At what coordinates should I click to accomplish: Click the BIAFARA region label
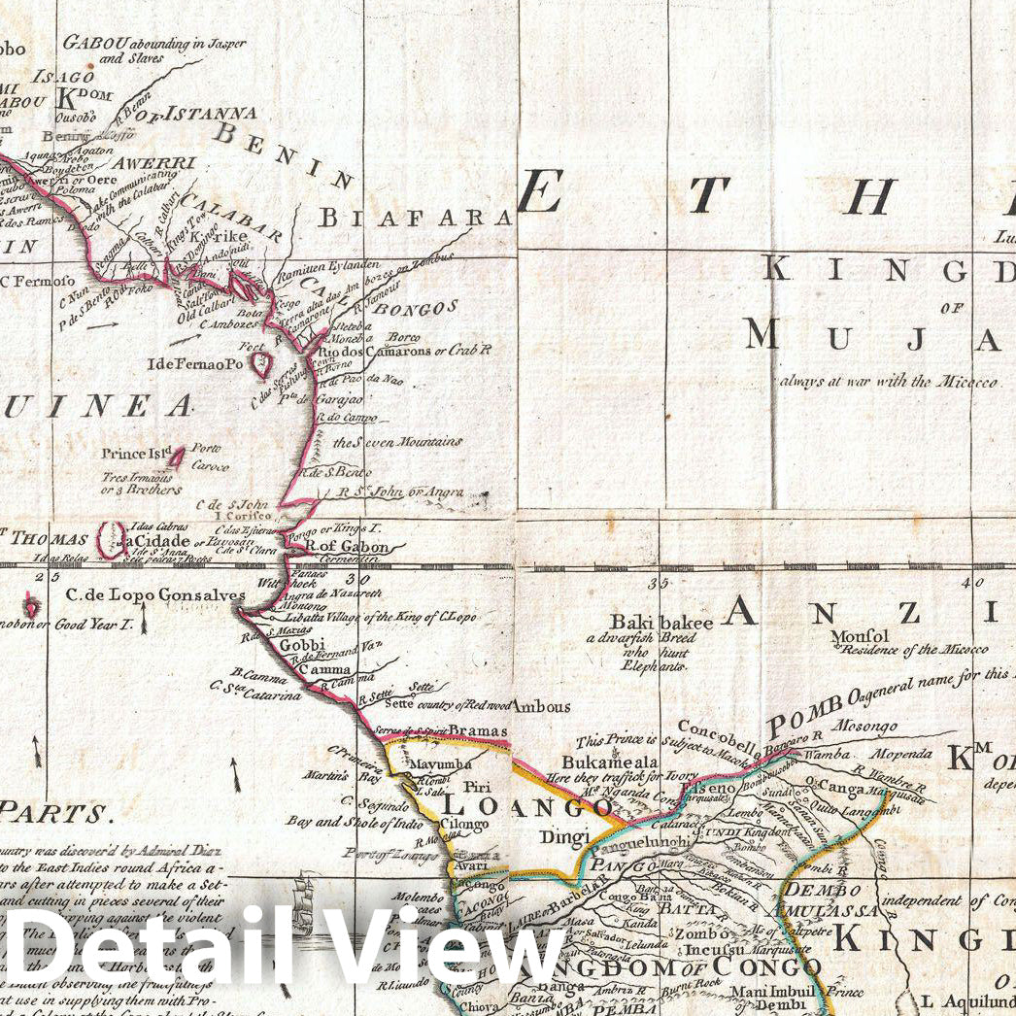tap(417, 217)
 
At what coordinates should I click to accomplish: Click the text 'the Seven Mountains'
tap(397, 442)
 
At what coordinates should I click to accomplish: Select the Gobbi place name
tap(294, 645)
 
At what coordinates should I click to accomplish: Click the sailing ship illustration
tap(309, 898)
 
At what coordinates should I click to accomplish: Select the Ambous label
tap(541, 706)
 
